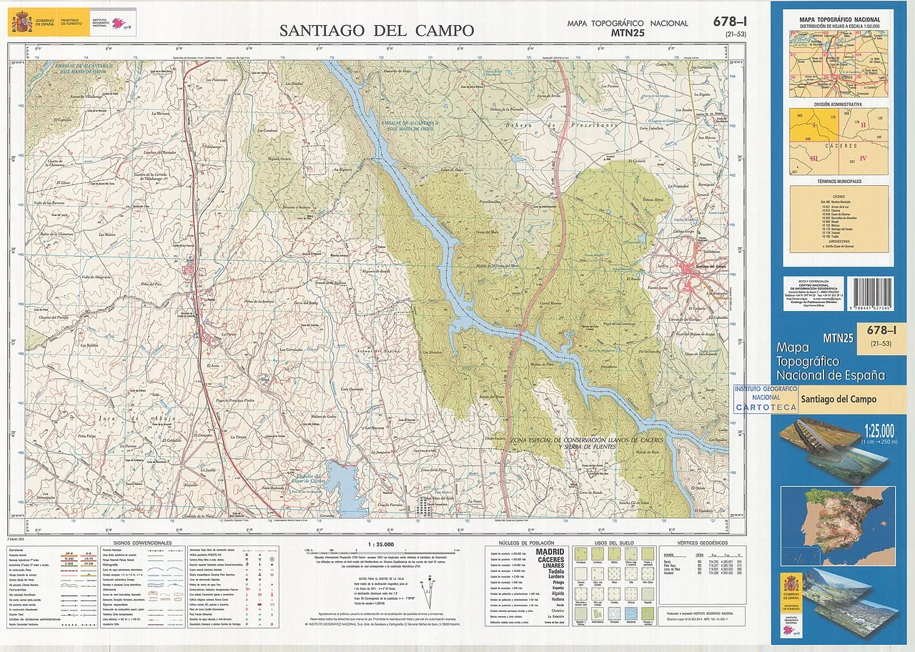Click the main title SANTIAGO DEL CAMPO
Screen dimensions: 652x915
tap(376, 30)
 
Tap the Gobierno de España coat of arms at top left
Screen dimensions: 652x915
tap(21, 23)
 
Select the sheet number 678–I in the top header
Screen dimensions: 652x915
tap(730, 21)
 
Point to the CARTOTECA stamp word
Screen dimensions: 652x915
tap(766, 407)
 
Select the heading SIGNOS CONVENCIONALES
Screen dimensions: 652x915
tap(142, 543)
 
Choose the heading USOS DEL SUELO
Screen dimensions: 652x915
tap(608, 543)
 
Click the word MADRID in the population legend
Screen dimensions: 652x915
tap(550, 552)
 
